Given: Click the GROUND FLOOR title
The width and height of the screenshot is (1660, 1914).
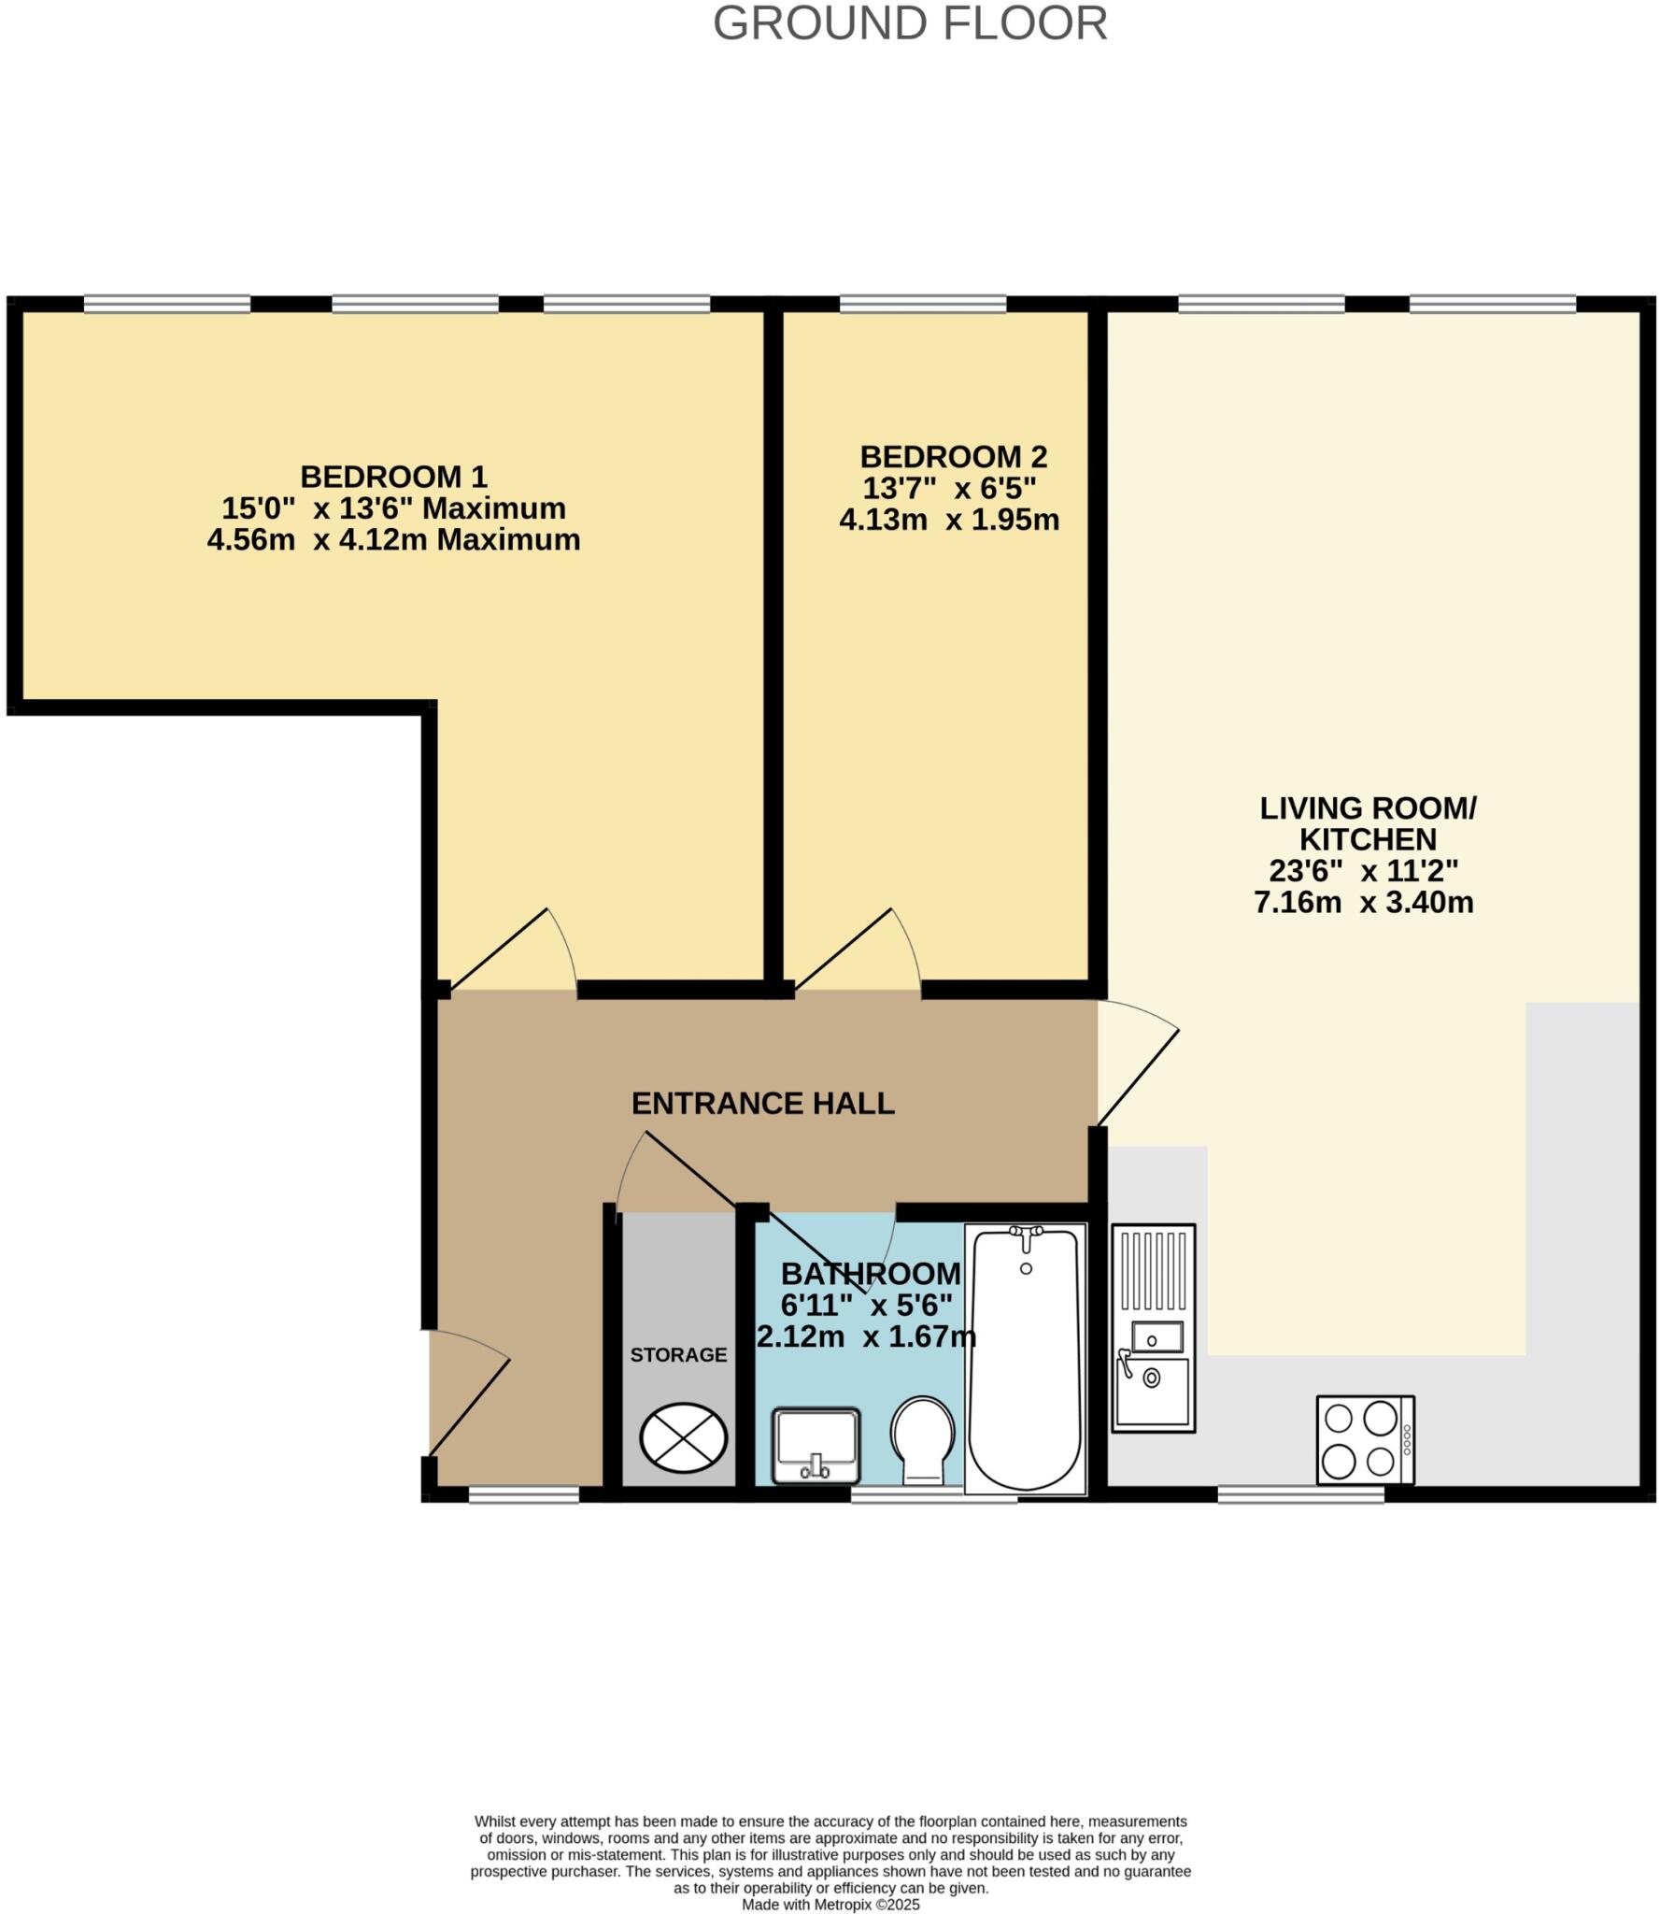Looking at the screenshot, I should [910, 23].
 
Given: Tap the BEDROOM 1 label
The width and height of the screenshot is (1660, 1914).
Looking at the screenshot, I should [393, 477].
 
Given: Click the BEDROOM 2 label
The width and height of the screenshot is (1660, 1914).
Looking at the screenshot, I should [953, 457].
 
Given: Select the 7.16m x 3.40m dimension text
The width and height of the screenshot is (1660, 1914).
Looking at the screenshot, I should [1363, 903].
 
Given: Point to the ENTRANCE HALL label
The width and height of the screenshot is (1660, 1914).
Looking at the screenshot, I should [762, 1104].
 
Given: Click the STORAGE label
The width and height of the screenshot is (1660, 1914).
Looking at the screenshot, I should [678, 1355].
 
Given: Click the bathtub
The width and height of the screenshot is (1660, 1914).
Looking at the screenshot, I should [1026, 1360].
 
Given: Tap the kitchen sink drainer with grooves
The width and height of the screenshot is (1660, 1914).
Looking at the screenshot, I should [1154, 1271].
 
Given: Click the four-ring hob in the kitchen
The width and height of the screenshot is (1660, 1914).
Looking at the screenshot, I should [1365, 1440].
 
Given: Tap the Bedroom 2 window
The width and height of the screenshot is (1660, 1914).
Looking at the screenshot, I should [923, 304].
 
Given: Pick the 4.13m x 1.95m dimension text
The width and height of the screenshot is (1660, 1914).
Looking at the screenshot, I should [949, 520].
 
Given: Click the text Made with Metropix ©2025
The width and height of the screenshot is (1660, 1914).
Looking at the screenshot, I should [830, 1905].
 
